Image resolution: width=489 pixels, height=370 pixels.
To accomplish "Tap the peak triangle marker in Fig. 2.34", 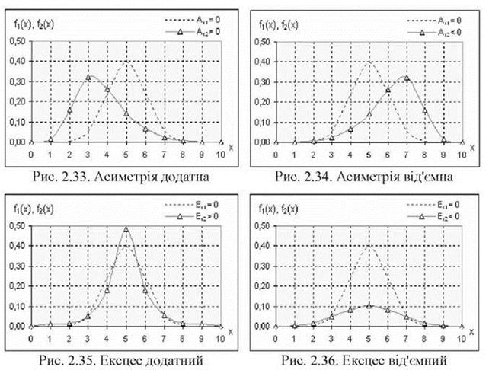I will [x=406, y=78].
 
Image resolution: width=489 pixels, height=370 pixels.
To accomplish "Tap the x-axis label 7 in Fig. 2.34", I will [x=406, y=153].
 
